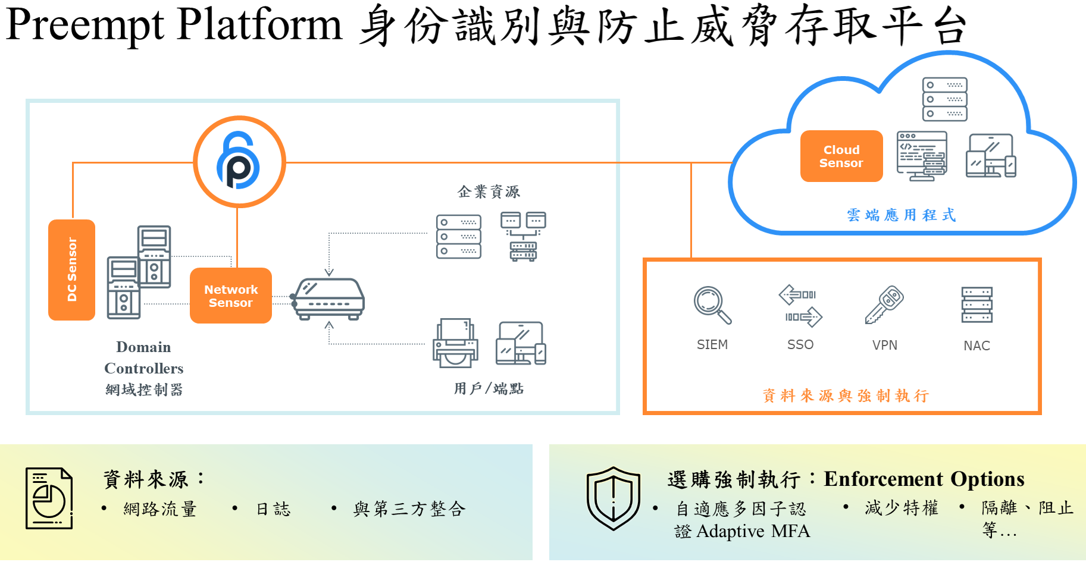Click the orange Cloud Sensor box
pos(841,156)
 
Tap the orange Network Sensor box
pos(231,296)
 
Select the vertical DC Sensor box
pos(71,269)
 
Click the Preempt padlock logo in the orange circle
pos(239,161)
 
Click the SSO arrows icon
pos(800,305)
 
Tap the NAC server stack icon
pos(977,305)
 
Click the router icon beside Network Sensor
pos(329,299)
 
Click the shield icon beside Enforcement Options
pos(613,498)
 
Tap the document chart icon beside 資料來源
pos(49,498)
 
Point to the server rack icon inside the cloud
pos(944,99)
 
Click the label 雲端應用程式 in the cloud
pos(901,215)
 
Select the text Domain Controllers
pos(143,357)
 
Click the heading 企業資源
pos(489,191)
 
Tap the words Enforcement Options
pos(924,479)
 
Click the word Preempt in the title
pos(84,25)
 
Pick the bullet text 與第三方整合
pos(409,508)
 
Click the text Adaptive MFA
pos(753,530)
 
